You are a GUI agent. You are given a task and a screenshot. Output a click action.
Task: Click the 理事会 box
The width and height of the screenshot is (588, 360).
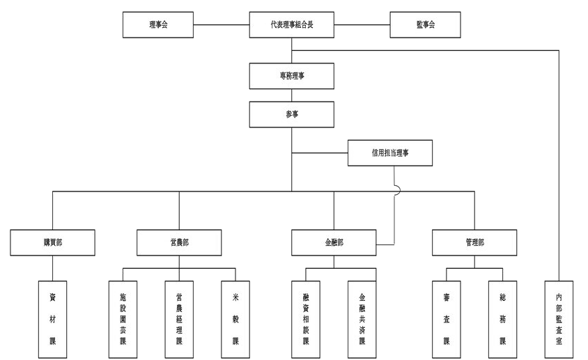point(158,25)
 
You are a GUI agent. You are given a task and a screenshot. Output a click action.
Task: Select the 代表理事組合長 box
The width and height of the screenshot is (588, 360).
point(292,25)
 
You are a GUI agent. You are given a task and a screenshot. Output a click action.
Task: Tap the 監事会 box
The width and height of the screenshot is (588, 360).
point(425,25)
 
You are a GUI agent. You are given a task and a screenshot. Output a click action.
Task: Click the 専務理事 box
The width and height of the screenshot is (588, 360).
point(292,75)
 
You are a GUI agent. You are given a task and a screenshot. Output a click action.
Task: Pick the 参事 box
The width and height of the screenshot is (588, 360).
point(292,114)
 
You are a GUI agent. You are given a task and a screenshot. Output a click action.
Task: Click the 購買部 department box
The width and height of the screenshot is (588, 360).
point(53,242)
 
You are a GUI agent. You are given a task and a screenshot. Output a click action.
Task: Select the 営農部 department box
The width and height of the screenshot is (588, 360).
point(179,242)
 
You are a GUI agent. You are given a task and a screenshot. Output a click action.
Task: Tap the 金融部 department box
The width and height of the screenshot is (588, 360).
point(334,242)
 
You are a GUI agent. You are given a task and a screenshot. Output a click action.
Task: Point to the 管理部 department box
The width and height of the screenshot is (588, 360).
point(474,242)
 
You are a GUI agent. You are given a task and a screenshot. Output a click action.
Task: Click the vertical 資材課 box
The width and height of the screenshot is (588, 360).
point(53,319)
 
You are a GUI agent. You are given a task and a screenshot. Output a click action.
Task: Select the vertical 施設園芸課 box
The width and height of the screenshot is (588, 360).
point(123,319)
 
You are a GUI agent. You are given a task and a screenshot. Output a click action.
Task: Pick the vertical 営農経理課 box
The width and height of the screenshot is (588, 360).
point(179,319)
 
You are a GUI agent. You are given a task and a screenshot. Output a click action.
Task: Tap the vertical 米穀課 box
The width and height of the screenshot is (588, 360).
point(235,319)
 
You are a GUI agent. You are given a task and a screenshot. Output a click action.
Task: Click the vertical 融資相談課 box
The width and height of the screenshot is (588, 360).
point(306,319)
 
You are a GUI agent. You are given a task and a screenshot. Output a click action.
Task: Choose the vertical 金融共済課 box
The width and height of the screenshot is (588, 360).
point(362,319)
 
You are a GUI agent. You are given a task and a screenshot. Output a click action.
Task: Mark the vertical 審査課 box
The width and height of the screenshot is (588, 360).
point(447,319)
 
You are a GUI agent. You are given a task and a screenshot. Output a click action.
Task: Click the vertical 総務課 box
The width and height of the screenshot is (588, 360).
point(503,319)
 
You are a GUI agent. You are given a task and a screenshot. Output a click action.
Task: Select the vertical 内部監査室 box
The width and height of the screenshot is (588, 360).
point(559,319)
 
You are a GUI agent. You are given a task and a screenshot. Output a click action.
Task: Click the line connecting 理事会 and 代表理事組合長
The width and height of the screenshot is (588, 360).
point(221,26)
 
